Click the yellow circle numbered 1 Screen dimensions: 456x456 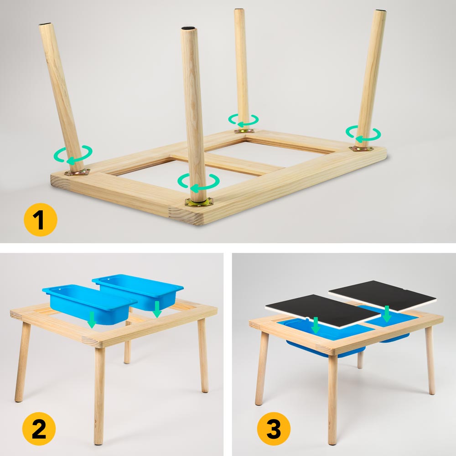(x=41, y=220)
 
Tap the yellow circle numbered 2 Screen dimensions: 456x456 (x=39, y=429)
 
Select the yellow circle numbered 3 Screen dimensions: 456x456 (x=274, y=429)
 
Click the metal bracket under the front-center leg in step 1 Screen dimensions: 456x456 (x=199, y=201)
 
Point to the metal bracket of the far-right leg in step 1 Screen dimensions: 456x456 (x=361, y=149)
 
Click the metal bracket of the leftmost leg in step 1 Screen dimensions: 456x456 (x=78, y=172)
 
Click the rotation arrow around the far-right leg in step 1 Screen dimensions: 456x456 (x=363, y=134)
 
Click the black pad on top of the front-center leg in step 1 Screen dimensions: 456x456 (x=189, y=28)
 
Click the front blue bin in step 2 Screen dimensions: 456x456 (x=89, y=304)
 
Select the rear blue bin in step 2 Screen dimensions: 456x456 (x=138, y=291)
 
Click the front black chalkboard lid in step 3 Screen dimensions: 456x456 (x=323, y=311)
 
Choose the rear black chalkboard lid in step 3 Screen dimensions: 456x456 (x=383, y=296)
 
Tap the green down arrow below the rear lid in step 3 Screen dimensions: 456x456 (x=387, y=314)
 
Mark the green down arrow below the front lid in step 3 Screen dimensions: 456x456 (x=316, y=326)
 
